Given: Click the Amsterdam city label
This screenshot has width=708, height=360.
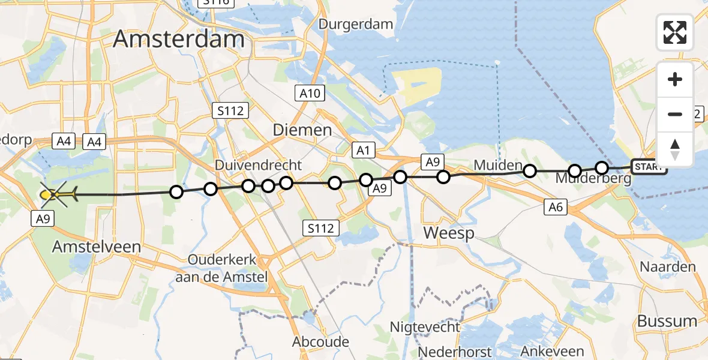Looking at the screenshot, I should [179, 39].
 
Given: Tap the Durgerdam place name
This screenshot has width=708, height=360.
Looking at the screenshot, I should [356, 24].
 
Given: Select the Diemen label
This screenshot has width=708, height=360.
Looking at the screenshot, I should [302, 130].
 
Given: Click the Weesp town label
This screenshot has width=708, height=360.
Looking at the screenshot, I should [449, 233].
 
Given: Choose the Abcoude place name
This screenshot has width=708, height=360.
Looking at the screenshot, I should [320, 341].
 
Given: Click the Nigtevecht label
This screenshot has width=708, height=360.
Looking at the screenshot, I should [425, 327].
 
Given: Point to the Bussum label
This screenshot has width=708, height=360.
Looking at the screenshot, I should [667, 321].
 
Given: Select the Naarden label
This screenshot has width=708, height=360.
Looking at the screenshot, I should [668, 267].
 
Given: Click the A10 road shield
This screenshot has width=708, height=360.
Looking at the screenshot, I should [311, 93].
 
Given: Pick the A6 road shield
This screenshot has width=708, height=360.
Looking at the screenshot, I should [556, 208].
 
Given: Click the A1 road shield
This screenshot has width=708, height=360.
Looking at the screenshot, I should [364, 150].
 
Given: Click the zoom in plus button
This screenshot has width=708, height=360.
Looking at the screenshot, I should [675, 80].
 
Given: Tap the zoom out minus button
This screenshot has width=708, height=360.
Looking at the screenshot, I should [675, 114].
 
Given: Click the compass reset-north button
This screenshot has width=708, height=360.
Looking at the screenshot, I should [675, 149].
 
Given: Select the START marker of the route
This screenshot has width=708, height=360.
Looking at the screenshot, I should [649, 167].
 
